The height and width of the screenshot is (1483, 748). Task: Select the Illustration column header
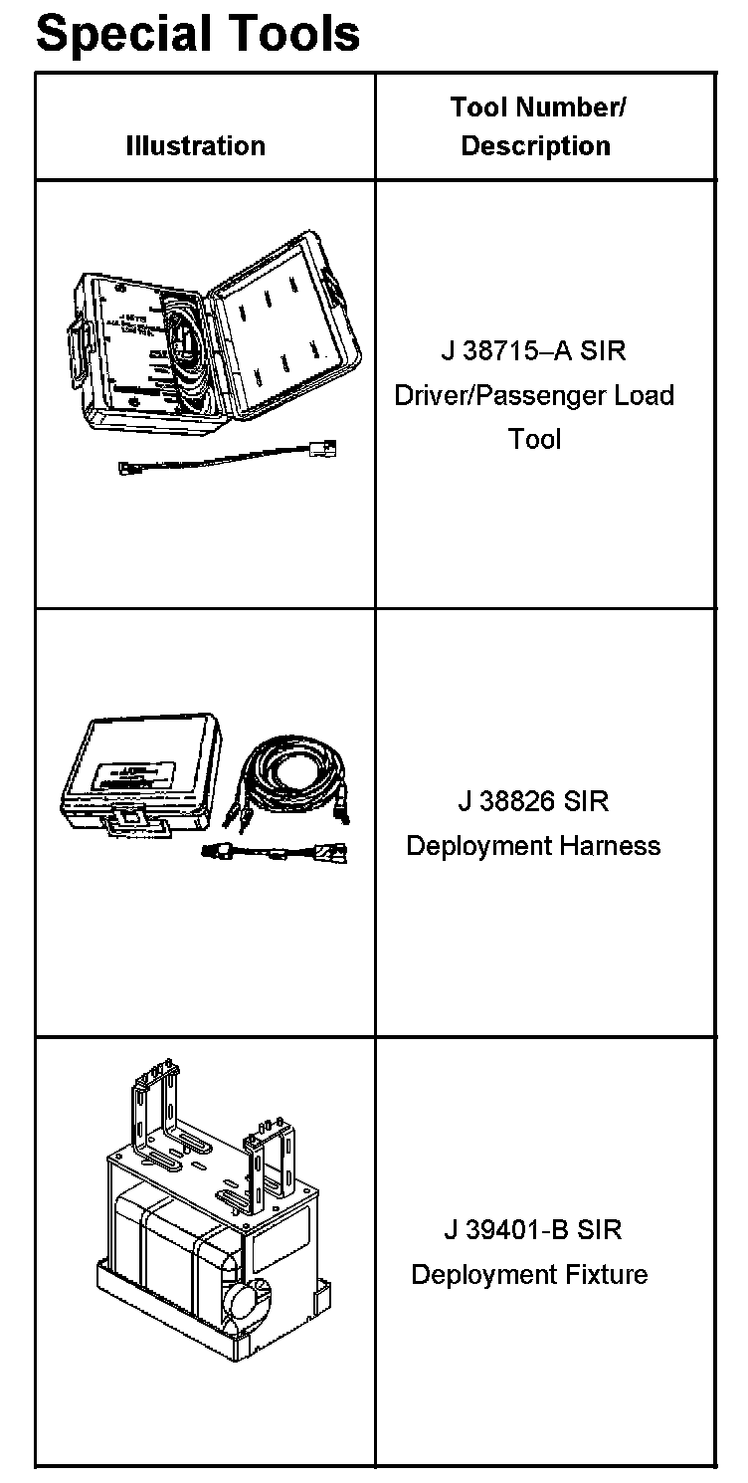pos(196,146)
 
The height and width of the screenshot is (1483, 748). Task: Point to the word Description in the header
pos(536,146)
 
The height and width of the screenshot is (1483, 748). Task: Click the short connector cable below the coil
pos(274,852)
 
